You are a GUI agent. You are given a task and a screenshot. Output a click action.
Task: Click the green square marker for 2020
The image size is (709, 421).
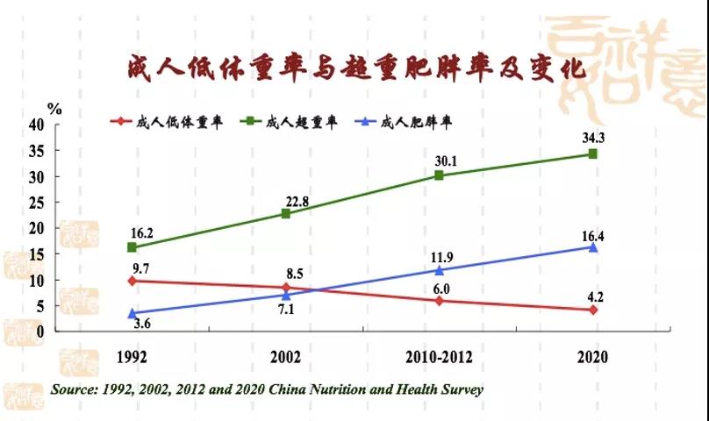(x=593, y=153)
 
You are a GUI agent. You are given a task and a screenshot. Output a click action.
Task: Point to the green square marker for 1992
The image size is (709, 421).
(x=132, y=247)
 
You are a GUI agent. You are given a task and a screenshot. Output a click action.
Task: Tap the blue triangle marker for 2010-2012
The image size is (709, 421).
(x=439, y=270)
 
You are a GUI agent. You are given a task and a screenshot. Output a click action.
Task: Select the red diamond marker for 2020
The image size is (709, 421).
(x=593, y=310)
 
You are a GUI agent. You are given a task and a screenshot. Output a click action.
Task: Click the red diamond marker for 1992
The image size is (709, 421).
(x=132, y=281)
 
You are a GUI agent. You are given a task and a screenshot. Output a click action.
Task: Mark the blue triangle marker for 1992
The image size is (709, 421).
(x=132, y=313)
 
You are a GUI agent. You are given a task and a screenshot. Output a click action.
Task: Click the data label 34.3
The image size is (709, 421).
(x=593, y=136)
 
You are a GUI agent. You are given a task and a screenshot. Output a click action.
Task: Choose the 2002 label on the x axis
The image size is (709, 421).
(x=286, y=358)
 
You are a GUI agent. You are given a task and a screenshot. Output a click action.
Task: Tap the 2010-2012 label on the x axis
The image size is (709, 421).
(x=439, y=358)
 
